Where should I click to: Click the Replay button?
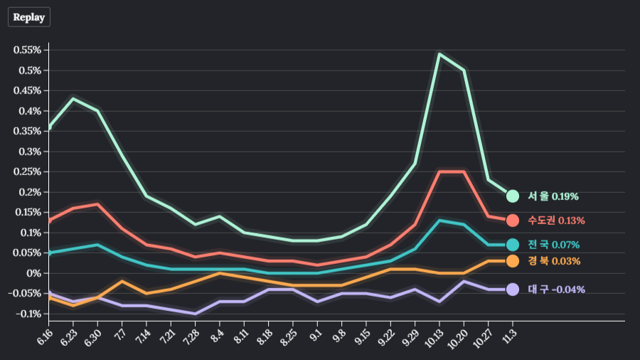pos(29,17)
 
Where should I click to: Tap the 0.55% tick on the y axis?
pos(27,50)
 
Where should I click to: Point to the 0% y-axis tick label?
pos(34,273)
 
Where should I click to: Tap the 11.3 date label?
pos(509,334)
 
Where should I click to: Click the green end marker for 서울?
pos(512,196)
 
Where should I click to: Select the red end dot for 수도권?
pos(512,220)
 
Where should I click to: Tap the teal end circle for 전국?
pos(512,245)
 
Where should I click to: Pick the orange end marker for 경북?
pos(512,261)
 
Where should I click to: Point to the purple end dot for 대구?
pos(512,290)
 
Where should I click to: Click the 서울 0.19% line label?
pos(553,196)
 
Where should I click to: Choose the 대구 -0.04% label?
pos(556,290)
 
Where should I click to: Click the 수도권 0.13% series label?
pos(556,220)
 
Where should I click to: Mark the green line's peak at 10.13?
pos(439,54)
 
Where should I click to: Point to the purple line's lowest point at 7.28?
pos(195,314)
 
